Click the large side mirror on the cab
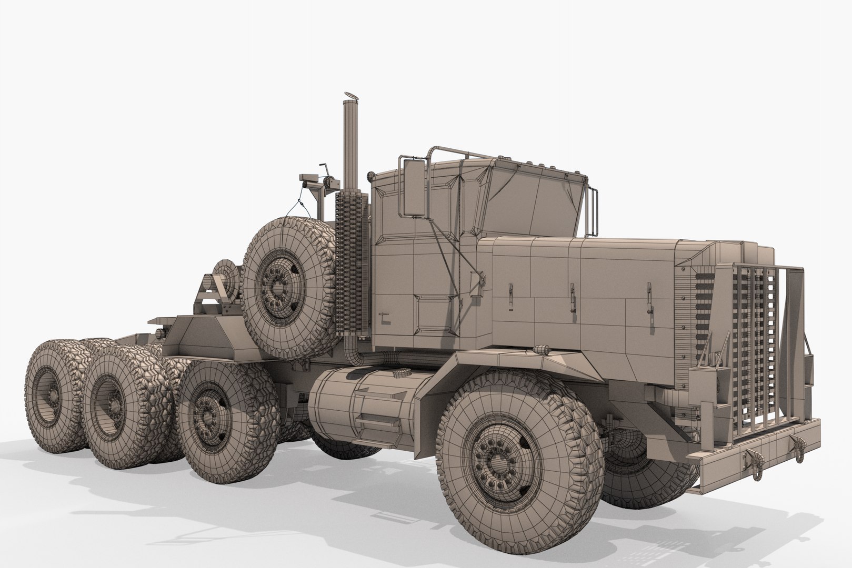click(x=413, y=187)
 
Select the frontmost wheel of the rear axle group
click(x=211, y=421)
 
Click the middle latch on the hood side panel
click(x=573, y=297)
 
